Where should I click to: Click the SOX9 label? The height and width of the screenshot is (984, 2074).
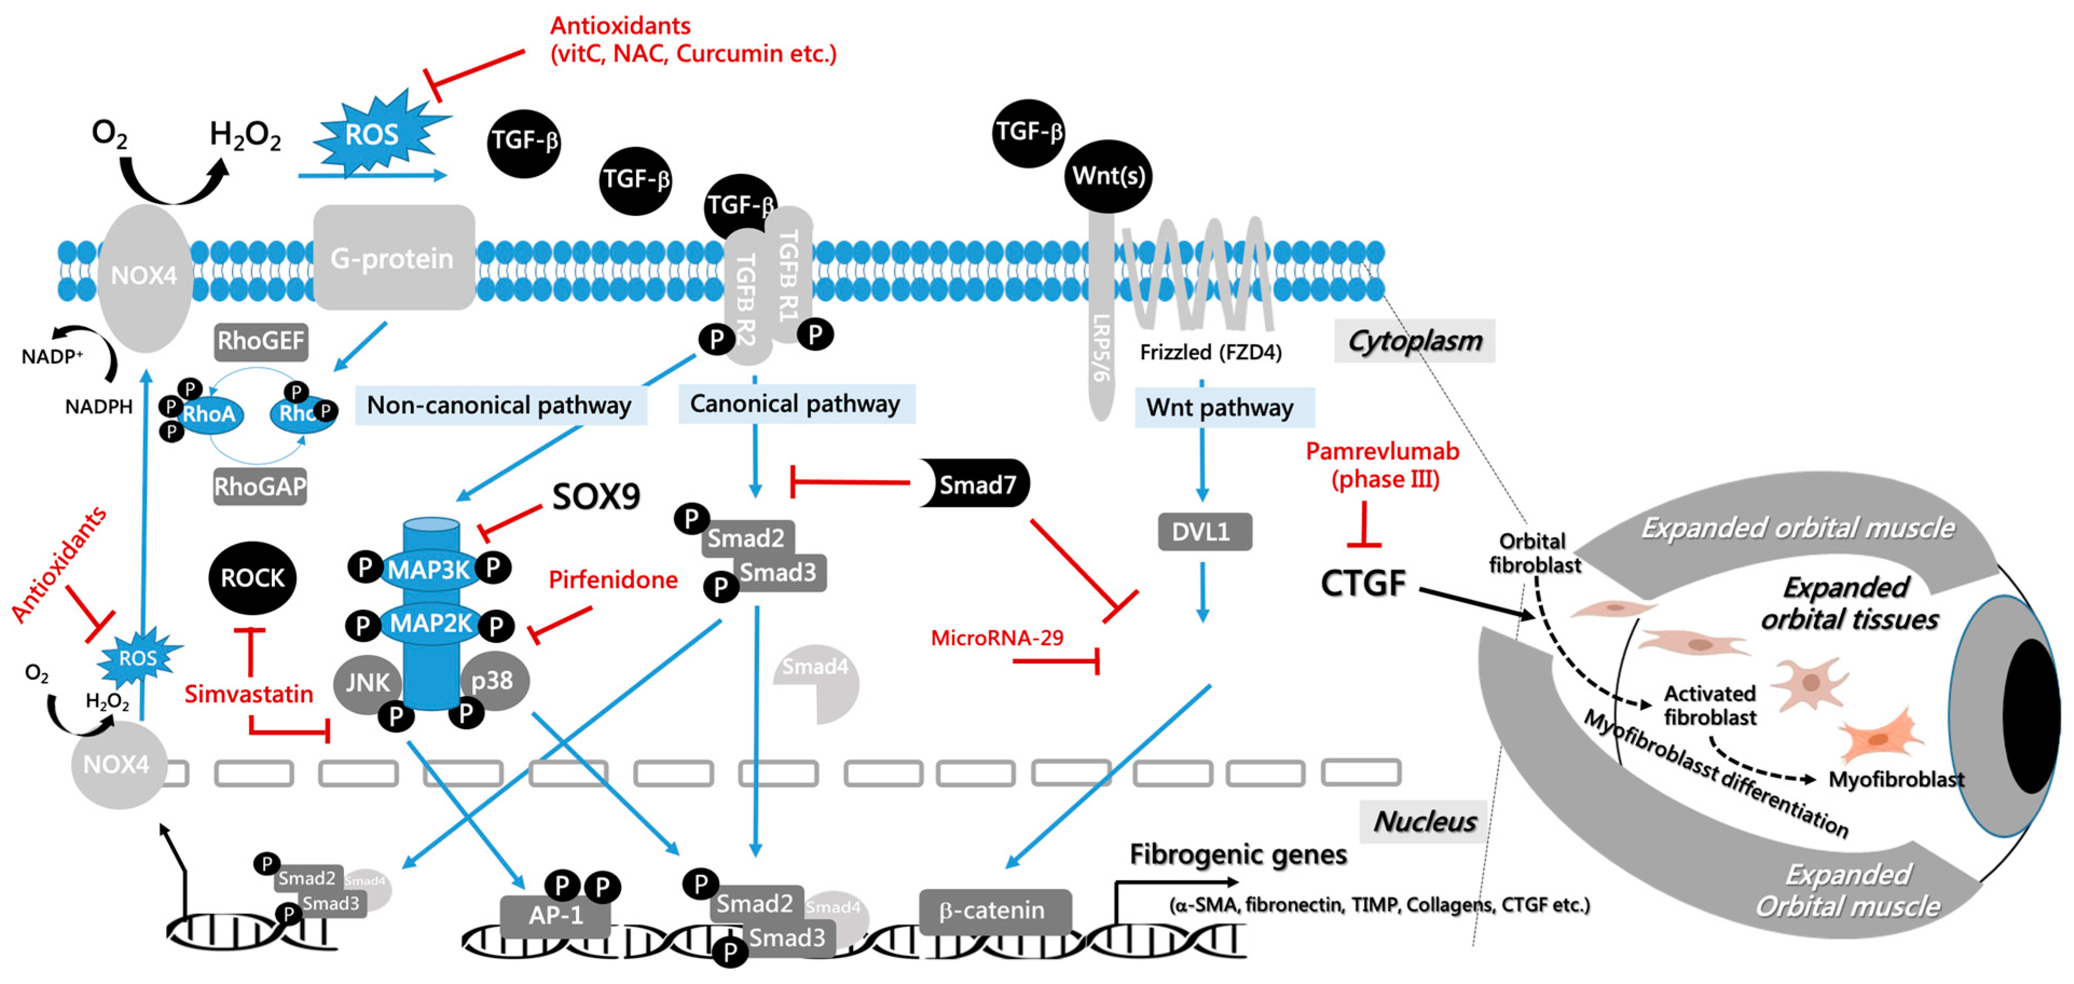coord(596,497)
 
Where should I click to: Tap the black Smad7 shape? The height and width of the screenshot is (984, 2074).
coord(975,484)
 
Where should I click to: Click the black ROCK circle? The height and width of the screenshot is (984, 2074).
coord(252,578)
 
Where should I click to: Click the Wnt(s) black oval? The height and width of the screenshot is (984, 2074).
coord(1108,176)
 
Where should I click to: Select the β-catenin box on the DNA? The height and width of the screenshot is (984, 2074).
coord(994,911)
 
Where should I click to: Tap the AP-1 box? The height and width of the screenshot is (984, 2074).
coord(555,916)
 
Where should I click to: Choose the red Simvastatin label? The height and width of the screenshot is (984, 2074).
coord(248,694)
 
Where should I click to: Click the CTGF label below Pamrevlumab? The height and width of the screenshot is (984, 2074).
coord(1362,583)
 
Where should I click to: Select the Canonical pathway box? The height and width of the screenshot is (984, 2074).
coord(795,403)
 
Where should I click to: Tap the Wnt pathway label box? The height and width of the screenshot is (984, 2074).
coord(1221,407)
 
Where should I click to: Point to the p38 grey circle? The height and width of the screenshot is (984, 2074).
coord(493,681)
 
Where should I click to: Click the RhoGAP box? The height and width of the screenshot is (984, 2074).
coord(259,486)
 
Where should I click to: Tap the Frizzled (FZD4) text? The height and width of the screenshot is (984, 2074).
coord(1210,352)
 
